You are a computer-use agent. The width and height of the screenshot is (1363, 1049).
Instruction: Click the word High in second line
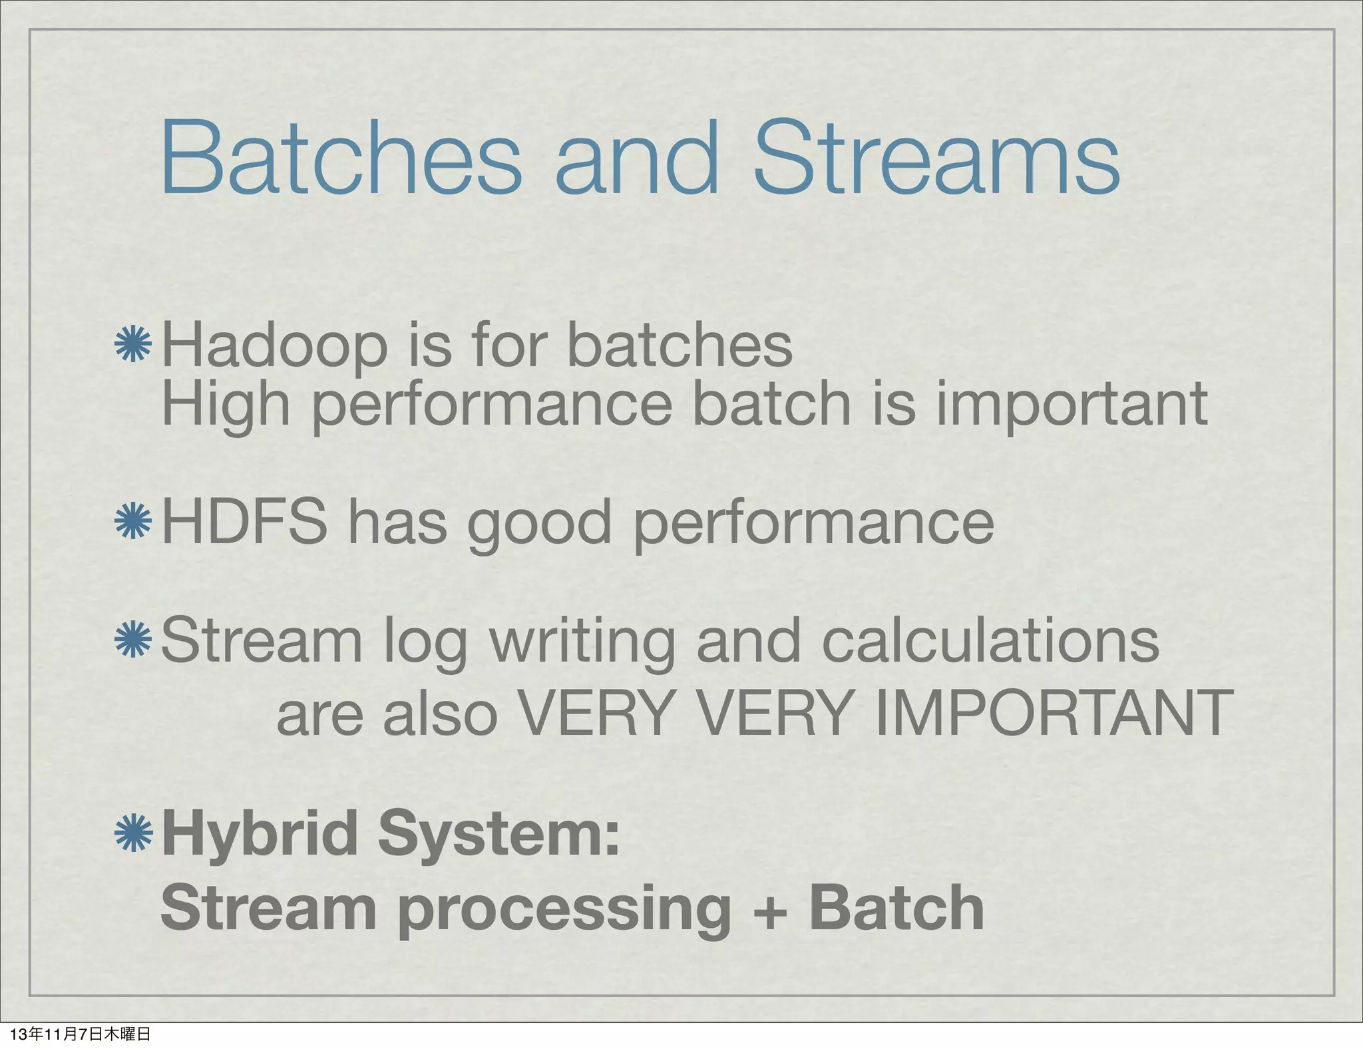pos(226,405)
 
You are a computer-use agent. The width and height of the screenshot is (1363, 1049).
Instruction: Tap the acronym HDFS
pos(244,523)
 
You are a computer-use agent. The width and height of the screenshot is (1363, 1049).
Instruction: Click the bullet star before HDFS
pos(134,521)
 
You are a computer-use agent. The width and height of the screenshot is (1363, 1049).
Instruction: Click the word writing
pos(582,642)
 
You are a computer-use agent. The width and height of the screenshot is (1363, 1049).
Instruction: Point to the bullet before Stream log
pos(134,639)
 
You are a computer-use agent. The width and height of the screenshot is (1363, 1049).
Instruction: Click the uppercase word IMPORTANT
pos(1054,713)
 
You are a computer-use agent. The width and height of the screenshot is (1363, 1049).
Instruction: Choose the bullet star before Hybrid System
pos(134,833)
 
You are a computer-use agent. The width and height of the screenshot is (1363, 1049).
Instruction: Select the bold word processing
pos(565,911)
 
